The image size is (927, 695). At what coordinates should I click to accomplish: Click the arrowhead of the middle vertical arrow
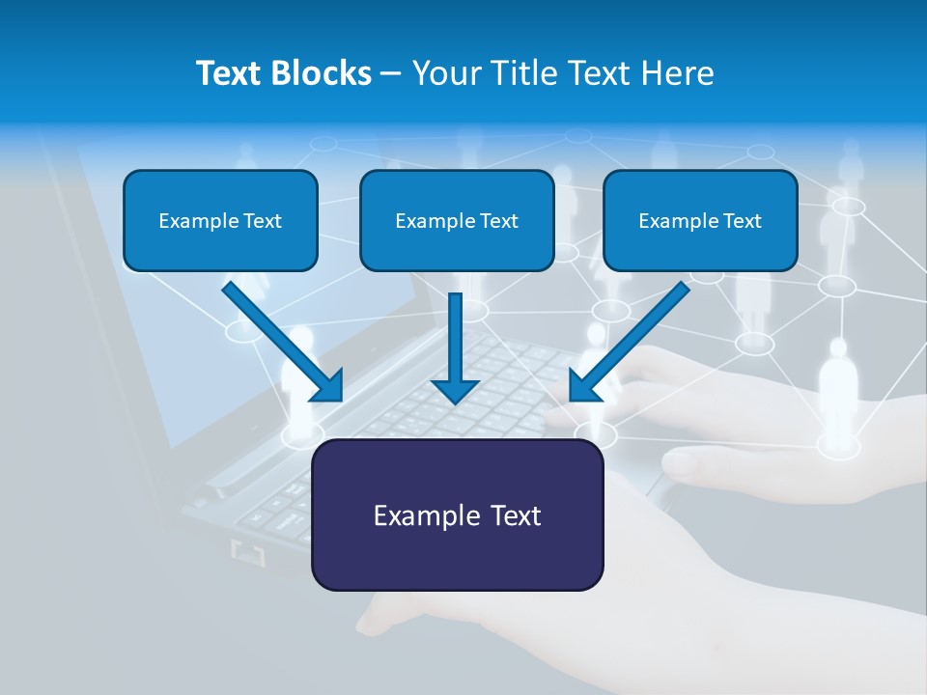455,391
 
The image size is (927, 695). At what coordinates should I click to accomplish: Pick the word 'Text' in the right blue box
743,221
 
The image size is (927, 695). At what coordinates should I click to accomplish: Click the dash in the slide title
391,74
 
